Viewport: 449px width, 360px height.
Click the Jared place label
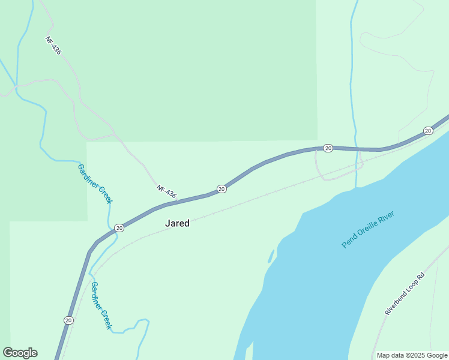tap(177, 223)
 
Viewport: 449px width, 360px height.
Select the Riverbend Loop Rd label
tap(405, 294)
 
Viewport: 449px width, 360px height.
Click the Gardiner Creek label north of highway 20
tap(95, 184)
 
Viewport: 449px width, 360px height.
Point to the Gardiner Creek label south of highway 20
tap(101, 305)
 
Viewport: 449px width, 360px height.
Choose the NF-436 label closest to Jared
tap(167, 192)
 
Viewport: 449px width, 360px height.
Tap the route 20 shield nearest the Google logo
tap(69, 320)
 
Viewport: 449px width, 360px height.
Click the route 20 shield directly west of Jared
tap(119, 227)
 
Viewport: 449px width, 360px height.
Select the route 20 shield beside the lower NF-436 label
tap(221, 189)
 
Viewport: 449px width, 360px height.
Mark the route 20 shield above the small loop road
tap(328, 148)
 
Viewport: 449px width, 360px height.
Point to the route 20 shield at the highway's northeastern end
tap(428, 131)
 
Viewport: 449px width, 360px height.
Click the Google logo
tap(20, 353)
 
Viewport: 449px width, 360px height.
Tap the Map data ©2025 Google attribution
tap(412, 355)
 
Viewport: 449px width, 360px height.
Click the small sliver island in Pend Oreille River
tap(271, 257)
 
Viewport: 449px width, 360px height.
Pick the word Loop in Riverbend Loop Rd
tap(407, 292)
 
